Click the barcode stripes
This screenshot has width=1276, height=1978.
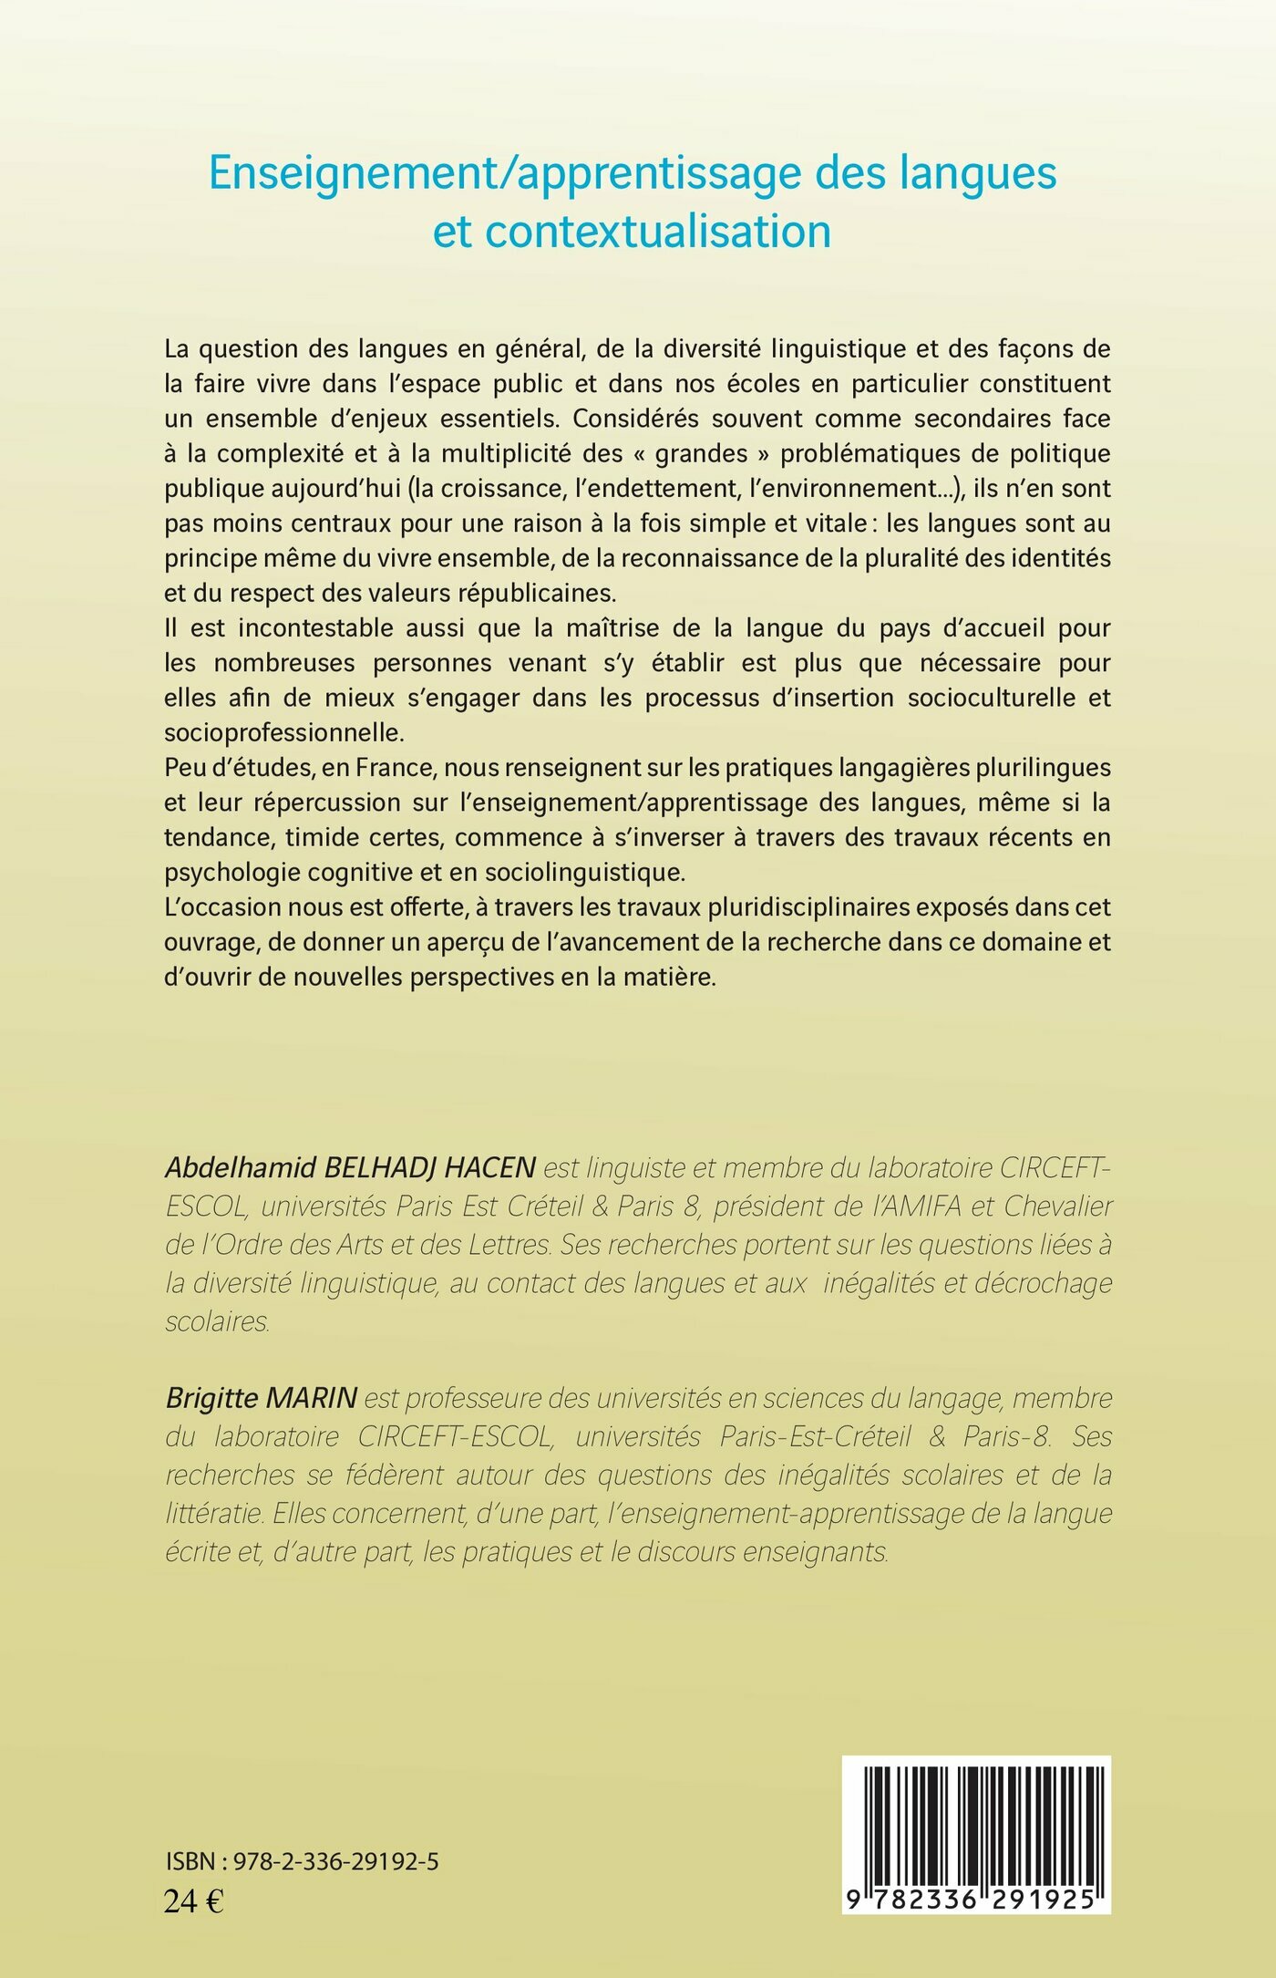click(975, 1827)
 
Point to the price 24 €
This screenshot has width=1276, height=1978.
click(193, 1901)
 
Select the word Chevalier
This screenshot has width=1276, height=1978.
click(1057, 1206)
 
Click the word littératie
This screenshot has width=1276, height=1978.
click(214, 1514)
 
